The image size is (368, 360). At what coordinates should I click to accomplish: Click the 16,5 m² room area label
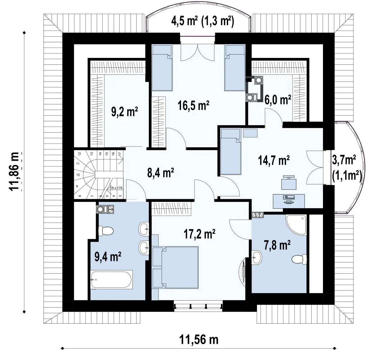tap(193, 105)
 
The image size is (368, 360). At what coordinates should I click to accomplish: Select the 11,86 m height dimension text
tap(14, 171)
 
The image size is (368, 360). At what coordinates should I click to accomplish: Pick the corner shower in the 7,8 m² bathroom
tap(296, 224)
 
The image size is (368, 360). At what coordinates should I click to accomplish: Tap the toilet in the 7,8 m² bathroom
tap(299, 259)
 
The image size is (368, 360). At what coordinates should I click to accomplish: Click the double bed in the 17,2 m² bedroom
tap(176, 267)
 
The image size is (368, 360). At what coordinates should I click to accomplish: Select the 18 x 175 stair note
tap(116, 188)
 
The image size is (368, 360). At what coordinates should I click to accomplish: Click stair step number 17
tap(120, 153)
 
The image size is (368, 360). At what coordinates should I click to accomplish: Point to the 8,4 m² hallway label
tap(160, 172)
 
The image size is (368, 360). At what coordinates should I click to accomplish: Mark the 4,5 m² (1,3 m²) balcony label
tap(203, 21)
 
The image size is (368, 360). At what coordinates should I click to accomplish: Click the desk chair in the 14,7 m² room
tap(289, 182)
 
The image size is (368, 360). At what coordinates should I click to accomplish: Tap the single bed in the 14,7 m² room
tap(231, 151)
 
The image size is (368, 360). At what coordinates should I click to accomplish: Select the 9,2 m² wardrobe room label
tap(125, 112)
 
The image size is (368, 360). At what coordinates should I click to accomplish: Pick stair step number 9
tap(77, 186)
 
